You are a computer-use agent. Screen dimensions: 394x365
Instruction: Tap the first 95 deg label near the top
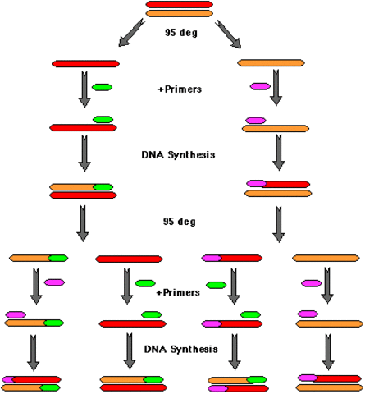182,34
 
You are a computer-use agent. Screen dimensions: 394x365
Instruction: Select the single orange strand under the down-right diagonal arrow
271,63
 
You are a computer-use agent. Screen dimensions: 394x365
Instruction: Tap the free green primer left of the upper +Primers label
103,86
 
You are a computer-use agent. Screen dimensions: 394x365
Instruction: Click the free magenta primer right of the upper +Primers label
260,85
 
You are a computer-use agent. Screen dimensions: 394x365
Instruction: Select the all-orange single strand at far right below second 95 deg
326,259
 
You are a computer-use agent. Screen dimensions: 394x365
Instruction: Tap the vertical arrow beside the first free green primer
84,89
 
